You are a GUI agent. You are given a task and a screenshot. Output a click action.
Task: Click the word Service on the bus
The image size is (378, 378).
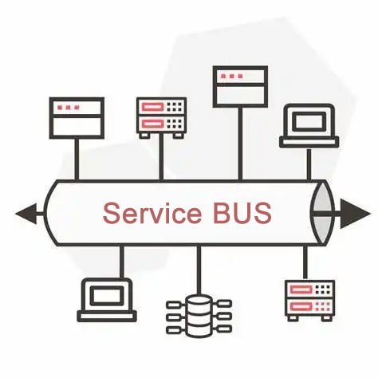(x=152, y=213)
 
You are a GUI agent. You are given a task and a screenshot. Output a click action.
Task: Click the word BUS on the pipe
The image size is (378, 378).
(x=242, y=213)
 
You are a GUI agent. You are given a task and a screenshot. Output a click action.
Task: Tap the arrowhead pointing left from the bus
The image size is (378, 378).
(x=26, y=214)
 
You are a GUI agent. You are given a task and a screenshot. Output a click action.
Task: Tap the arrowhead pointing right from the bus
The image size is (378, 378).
(x=356, y=214)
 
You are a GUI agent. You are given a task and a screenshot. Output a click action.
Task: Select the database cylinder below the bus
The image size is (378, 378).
(x=199, y=316)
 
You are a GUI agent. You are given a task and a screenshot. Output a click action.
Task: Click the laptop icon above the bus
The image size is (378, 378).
(x=309, y=125)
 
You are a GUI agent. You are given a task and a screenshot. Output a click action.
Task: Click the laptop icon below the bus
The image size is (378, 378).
(x=107, y=300)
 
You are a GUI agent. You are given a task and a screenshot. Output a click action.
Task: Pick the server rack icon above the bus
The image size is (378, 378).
(x=161, y=118)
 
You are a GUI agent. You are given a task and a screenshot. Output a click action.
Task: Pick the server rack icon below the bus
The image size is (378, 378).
(x=309, y=301)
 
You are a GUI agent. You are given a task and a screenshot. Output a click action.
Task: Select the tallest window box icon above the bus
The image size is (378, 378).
(x=240, y=87)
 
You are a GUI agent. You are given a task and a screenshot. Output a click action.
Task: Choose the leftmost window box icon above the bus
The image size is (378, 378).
(x=77, y=118)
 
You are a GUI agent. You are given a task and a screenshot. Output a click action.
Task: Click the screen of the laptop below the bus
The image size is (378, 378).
(x=107, y=296)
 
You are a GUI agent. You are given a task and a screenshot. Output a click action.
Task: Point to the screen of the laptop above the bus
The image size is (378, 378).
(x=309, y=121)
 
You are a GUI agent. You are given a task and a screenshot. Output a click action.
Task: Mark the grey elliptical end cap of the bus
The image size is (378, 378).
(x=322, y=213)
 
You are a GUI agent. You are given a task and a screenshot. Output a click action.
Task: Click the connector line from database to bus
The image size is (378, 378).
(x=199, y=270)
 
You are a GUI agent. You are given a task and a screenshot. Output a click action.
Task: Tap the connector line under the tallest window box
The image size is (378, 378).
(x=240, y=144)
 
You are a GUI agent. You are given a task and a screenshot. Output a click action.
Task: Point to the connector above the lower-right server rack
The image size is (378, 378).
(x=305, y=262)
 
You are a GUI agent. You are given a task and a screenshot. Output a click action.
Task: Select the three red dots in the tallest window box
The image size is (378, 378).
(x=232, y=77)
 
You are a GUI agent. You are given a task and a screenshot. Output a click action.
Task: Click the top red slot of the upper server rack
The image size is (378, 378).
(x=152, y=107)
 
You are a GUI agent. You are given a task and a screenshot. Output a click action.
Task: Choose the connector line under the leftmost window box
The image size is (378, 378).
(x=77, y=159)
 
